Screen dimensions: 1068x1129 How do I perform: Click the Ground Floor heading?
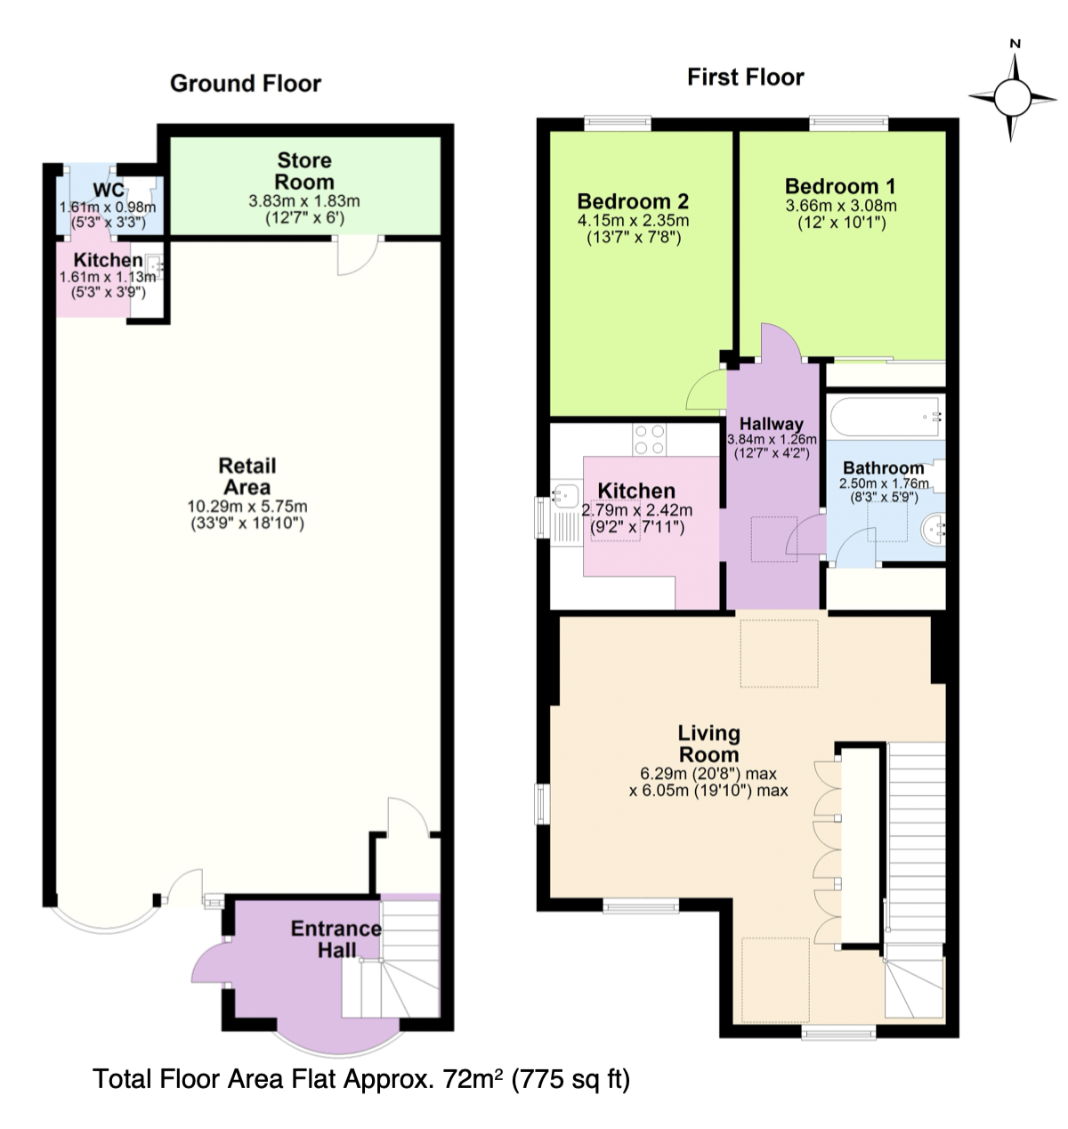[x=245, y=84]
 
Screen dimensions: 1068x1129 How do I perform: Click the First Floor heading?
[x=745, y=77]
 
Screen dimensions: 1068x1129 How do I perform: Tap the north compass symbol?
[x=1012, y=96]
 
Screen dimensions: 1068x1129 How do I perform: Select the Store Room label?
[x=304, y=171]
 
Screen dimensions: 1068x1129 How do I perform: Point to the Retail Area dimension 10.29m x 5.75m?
[x=247, y=507]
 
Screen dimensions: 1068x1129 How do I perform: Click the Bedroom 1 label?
[x=840, y=186]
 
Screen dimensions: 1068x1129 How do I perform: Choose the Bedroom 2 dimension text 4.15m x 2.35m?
[x=634, y=221]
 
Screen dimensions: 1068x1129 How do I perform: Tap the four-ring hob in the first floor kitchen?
[x=650, y=439]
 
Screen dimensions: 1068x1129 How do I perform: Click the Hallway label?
[x=771, y=424]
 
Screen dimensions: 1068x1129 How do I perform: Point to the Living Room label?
[x=708, y=743]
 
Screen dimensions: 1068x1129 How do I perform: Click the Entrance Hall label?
[x=336, y=939]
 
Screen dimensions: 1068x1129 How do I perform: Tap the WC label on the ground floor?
[x=109, y=190]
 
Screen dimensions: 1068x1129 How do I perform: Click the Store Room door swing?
[x=357, y=256]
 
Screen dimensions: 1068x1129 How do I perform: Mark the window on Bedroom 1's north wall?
[x=849, y=122]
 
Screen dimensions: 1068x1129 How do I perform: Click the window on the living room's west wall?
[x=543, y=803]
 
